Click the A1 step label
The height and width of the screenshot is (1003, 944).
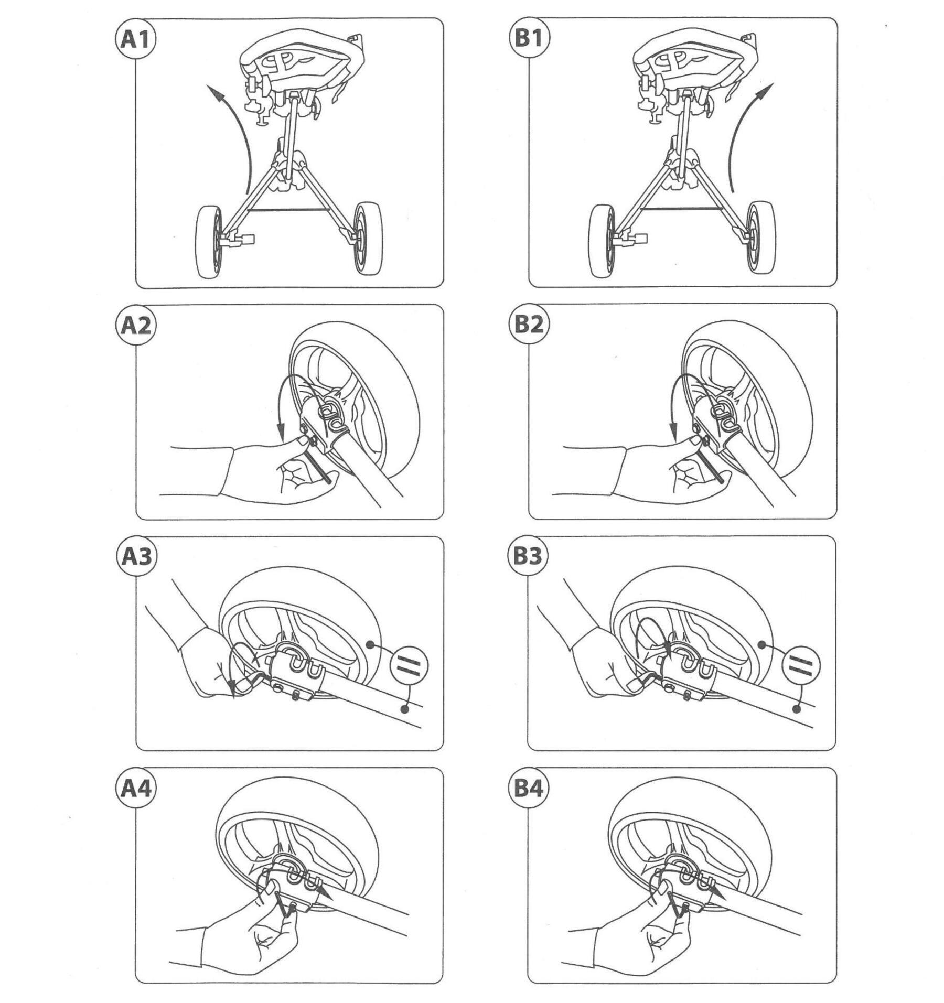tap(135, 39)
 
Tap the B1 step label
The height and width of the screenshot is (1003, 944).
tap(529, 38)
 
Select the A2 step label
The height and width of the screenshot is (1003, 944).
tap(135, 325)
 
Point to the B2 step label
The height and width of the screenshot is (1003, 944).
tap(529, 325)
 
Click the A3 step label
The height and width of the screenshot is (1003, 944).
tap(136, 557)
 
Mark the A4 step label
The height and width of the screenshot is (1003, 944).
tap(136, 789)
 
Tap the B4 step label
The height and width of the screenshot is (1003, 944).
tap(529, 789)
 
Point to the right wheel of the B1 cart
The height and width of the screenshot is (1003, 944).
tap(761, 237)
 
